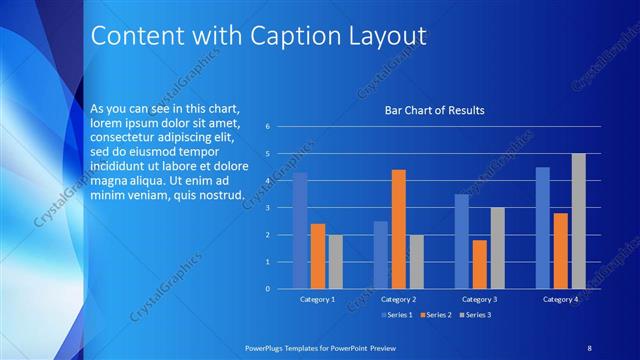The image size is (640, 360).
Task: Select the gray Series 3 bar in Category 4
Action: pos(578,221)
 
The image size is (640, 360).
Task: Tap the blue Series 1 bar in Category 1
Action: pos(299,231)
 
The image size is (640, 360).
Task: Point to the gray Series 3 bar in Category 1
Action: pos(335,262)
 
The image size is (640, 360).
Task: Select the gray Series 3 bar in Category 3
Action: pos(497,248)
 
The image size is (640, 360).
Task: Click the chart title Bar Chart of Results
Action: pos(435,110)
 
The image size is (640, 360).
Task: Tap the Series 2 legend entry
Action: pos(436,315)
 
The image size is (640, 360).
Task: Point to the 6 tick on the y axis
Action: pos(267,127)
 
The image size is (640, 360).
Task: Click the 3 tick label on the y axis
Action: pos(267,208)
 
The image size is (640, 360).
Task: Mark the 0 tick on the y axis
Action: pos(267,289)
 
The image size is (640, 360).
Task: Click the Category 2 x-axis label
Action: pos(398,299)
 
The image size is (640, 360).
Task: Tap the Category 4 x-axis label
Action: pos(560,299)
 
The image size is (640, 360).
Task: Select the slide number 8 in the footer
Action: pos(589,347)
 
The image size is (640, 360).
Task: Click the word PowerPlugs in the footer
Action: pos(266,347)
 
